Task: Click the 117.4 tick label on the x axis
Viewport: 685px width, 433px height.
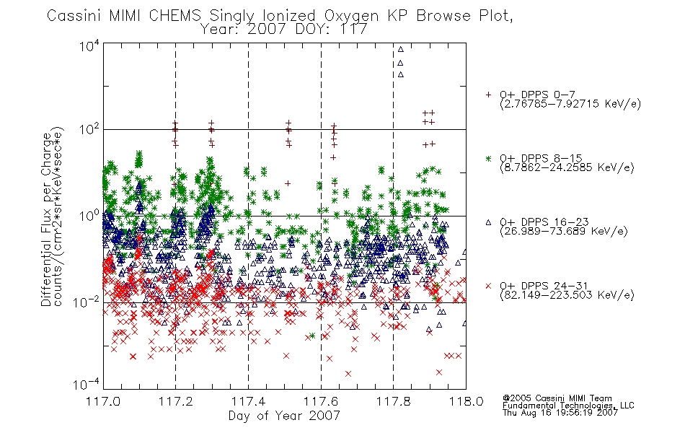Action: point(248,401)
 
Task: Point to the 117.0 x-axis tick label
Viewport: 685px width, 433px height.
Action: point(103,401)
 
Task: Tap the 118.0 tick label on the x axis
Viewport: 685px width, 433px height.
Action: point(466,401)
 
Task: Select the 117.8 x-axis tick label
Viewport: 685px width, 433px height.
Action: point(393,401)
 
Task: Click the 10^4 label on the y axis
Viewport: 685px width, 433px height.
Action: point(90,46)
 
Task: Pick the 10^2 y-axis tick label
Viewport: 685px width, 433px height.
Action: point(90,130)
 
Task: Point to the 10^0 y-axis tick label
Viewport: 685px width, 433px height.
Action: point(90,216)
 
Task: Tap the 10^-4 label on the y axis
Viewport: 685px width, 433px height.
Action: point(87,385)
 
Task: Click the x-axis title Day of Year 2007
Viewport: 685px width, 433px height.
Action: point(284,416)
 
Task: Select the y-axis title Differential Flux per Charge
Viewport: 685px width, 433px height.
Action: point(47,219)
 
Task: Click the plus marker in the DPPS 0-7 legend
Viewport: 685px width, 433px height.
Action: point(489,95)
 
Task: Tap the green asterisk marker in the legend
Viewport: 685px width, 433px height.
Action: point(489,158)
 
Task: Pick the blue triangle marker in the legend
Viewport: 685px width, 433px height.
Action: point(489,222)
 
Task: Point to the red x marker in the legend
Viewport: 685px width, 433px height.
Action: point(489,286)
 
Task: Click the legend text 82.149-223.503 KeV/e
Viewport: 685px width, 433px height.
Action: point(567,295)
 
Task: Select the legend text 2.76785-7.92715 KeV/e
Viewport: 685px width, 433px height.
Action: point(570,104)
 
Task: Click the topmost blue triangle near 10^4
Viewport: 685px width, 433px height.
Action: point(401,49)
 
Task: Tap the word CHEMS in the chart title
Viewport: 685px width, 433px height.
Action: point(175,16)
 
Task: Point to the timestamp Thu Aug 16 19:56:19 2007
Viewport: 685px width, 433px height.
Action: point(560,412)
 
